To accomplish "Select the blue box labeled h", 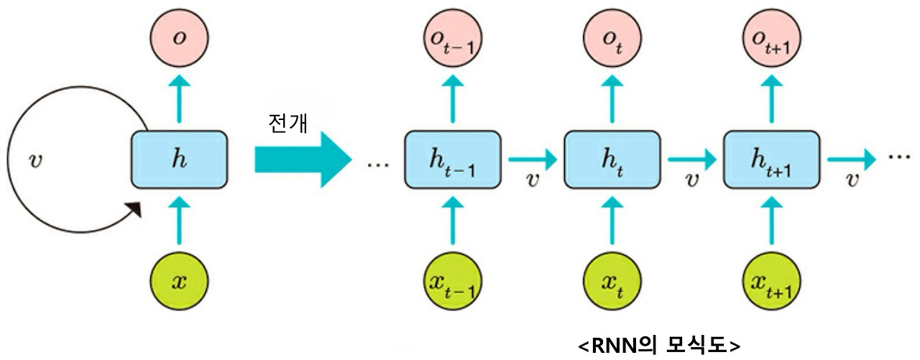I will point(179,160).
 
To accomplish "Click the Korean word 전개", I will point(286,124).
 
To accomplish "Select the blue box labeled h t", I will point(612,160).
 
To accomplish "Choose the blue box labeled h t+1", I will point(771,160).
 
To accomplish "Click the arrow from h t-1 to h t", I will point(533,156).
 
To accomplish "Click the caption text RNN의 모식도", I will point(659,345).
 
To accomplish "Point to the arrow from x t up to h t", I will point(612,221).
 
